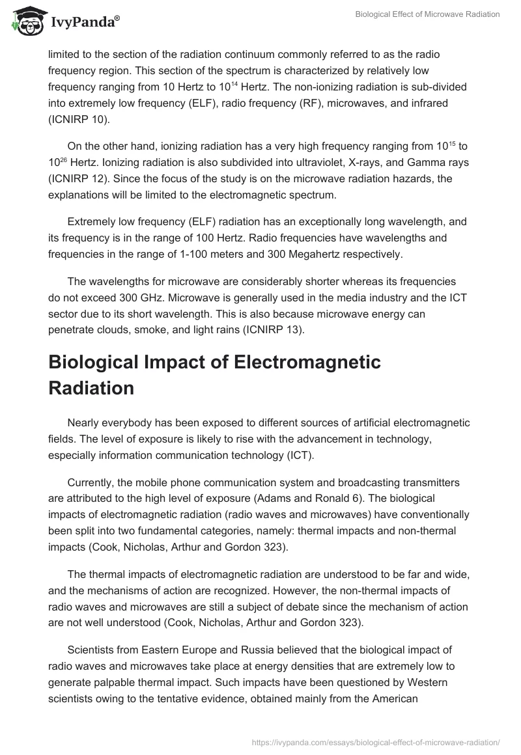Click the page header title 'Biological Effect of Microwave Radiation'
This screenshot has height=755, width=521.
427,15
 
